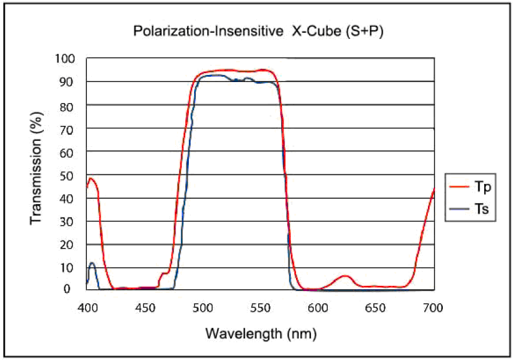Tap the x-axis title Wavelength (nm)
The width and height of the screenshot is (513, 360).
pos(261,332)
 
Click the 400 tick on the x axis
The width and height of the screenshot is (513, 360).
pos(87,308)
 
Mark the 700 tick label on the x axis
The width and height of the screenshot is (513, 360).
pos(433,308)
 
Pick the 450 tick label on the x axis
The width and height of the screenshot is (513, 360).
pos(145,308)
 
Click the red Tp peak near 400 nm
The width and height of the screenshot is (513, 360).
pos(90,178)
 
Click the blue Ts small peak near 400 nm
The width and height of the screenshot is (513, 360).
pos(92,263)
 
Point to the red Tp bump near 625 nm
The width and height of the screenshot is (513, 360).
pos(345,276)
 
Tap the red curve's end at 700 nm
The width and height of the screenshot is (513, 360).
pos(433,189)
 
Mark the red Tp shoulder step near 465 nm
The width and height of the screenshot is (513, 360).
pos(164,273)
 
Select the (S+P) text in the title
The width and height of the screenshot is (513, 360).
pos(364,32)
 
